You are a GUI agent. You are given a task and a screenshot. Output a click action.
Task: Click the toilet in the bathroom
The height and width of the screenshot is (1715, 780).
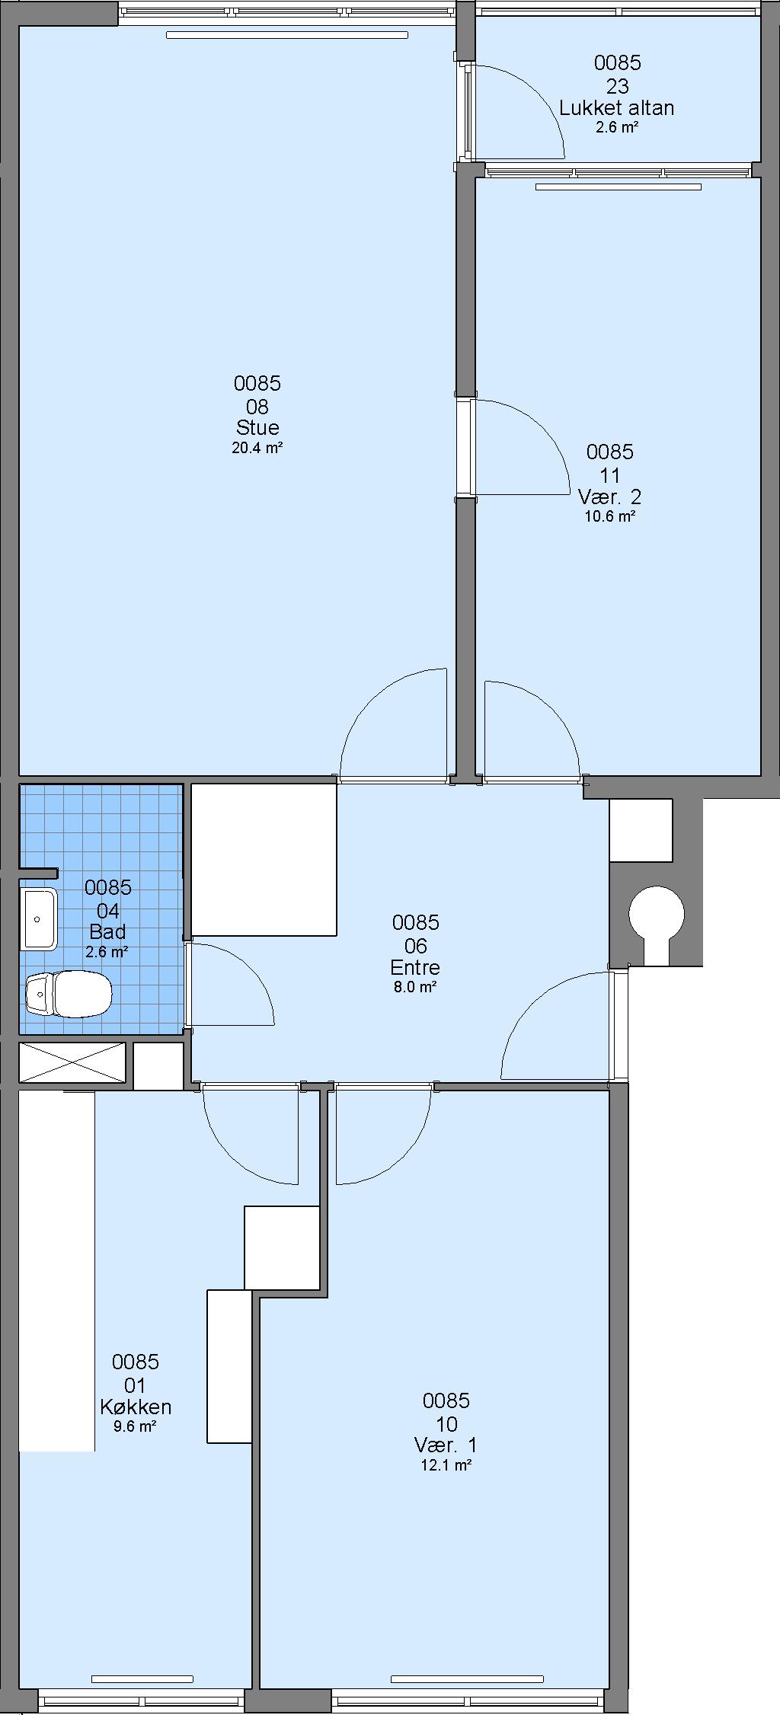tap(69, 994)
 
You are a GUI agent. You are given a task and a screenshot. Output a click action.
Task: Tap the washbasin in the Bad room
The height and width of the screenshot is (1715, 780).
tap(40, 918)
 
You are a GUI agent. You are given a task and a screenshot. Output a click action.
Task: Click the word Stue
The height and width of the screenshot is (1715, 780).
tap(257, 427)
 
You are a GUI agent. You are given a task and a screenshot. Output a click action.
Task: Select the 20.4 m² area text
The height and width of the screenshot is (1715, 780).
tap(257, 448)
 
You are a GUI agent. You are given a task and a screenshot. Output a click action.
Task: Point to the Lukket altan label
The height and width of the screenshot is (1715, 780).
tap(617, 107)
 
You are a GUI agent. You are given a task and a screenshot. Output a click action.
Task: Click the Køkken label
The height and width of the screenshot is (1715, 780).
tap(136, 1406)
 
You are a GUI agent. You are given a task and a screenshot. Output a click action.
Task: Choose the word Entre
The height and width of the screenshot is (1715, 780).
tap(415, 967)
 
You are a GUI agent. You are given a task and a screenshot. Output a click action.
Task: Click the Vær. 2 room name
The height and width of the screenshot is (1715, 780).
tap(609, 497)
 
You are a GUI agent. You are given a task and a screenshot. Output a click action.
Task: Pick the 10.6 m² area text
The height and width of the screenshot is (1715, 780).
tap(609, 516)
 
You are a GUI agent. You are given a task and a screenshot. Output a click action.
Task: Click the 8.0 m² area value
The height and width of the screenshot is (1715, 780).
tap(415, 988)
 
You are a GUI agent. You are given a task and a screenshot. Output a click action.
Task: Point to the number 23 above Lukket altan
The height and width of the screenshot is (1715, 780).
tap(617, 85)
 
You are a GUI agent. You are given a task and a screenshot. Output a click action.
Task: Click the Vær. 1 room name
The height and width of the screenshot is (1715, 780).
tap(446, 1445)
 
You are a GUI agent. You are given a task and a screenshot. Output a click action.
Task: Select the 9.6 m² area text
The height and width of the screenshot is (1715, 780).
tap(136, 1426)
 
